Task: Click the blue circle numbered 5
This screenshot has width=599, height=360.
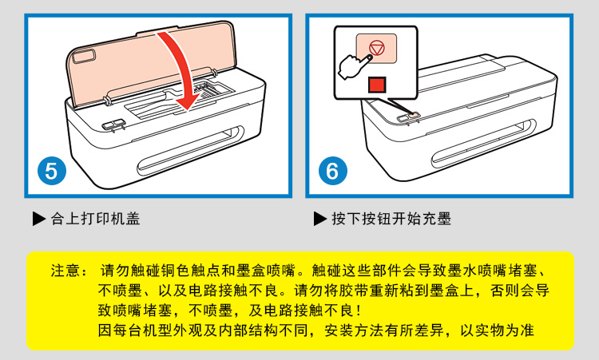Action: click(52, 171)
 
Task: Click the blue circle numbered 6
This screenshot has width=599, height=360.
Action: click(333, 171)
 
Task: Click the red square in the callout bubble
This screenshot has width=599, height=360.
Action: click(378, 85)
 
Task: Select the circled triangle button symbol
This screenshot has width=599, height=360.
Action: click(377, 49)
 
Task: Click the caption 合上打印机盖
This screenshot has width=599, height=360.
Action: click(96, 219)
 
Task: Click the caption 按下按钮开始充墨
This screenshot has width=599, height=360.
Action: click(391, 219)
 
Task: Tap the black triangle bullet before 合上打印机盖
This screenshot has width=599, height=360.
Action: click(39, 219)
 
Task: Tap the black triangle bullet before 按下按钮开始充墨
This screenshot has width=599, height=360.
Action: click(320, 219)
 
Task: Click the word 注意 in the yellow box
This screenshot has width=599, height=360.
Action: click(65, 271)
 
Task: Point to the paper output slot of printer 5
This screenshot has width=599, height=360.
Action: click(190, 151)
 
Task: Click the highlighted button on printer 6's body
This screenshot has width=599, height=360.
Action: click(413, 115)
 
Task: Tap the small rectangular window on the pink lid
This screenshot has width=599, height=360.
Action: click(85, 57)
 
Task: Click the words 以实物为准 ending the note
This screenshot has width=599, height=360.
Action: click(497, 330)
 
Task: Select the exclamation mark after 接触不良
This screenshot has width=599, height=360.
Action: click(358, 311)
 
